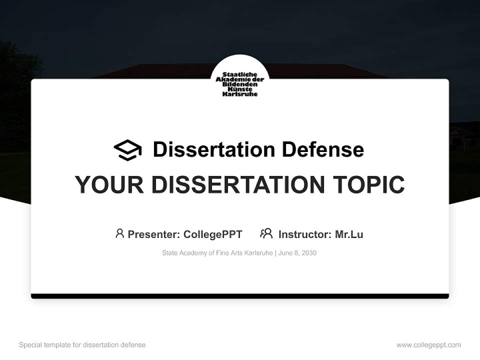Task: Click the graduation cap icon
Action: point(127,150)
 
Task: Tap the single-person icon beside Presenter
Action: point(119,233)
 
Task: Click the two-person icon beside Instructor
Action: point(266,233)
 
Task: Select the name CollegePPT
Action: point(213,234)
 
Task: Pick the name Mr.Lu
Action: point(349,234)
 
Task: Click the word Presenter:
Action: point(154,234)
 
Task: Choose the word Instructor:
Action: point(305,234)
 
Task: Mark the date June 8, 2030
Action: point(297,253)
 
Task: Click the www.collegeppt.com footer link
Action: point(428,345)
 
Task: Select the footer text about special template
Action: point(82,345)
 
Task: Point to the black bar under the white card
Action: point(240,296)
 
